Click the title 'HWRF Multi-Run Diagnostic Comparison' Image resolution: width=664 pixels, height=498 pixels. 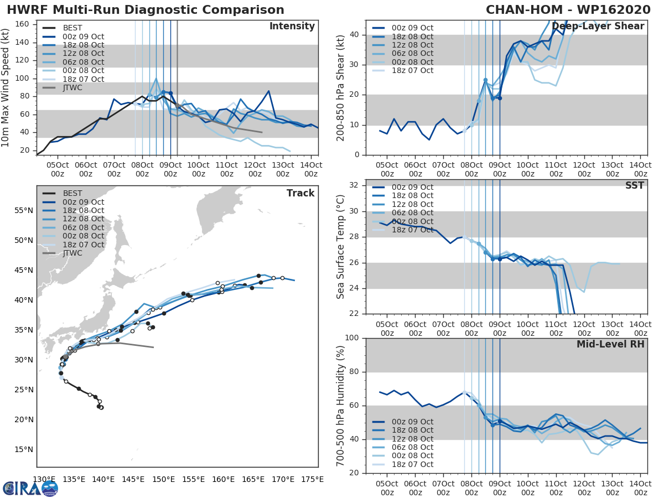[146, 10]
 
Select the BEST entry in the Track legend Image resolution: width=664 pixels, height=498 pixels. [72, 194]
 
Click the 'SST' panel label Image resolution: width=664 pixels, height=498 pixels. [635, 185]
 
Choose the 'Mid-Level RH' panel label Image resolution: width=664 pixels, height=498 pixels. [610, 344]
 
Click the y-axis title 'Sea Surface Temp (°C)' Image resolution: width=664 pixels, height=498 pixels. [341, 247]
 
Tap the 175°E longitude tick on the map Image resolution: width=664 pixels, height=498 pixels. [312, 479]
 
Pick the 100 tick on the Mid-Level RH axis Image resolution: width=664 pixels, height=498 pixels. [352, 338]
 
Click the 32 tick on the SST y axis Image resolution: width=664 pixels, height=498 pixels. [355, 185]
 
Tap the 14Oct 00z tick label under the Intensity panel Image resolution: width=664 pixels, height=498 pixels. [311, 169]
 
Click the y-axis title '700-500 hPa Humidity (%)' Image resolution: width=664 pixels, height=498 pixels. [341, 406]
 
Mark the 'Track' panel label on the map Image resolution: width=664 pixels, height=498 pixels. [300, 193]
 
